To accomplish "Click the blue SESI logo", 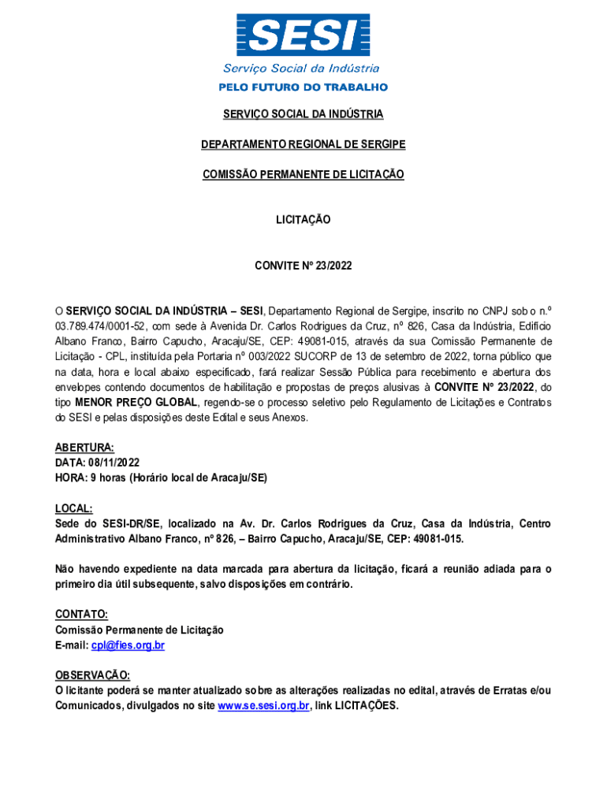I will (303, 35).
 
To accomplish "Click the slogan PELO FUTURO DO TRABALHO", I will (303, 87).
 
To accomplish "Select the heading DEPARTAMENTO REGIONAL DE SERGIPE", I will (303, 144).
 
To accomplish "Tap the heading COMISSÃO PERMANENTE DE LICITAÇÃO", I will (303, 174).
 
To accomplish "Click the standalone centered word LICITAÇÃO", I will (303, 220).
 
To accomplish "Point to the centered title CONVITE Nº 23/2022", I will (303, 266).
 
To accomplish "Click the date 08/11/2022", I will (114, 463).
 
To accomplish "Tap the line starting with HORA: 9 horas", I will (161, 478).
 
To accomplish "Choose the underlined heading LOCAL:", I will (74, 508).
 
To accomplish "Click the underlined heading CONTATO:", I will (81, 614).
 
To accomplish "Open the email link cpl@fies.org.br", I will (128, 645).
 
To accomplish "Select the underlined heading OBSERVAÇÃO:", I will (92, 675).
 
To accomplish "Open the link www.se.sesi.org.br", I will (263, 706).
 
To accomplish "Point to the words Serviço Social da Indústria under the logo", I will (301, 69).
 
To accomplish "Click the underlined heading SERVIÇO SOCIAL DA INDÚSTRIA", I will (303, 114).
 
